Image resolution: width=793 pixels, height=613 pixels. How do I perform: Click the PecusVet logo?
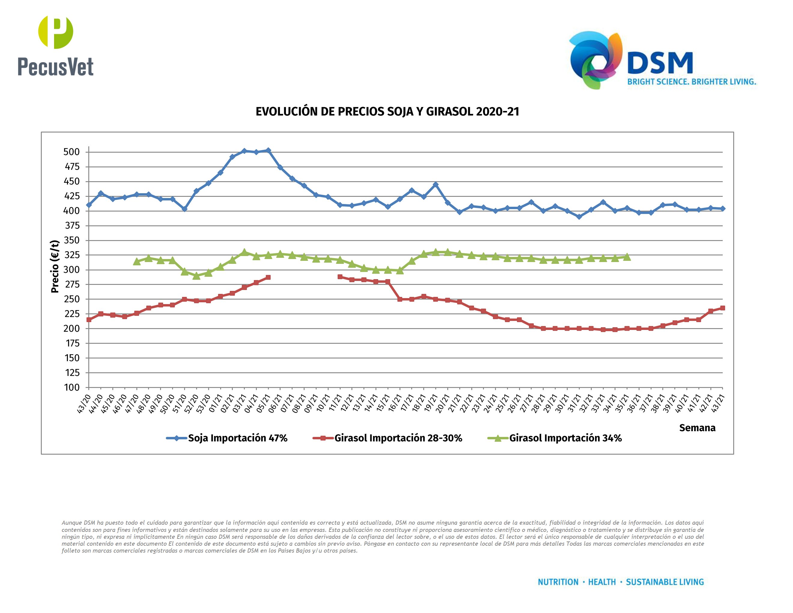click(56, 45)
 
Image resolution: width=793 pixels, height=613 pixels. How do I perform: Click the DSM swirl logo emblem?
click(595, 60)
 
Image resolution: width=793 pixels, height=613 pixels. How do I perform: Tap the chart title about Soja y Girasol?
click(387, 111)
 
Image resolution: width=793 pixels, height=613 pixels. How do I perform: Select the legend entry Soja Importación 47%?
click(238, 438)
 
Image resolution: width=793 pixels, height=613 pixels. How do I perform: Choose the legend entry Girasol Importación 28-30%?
click(398, 438)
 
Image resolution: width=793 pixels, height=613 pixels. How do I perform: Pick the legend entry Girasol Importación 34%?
click(565, 438)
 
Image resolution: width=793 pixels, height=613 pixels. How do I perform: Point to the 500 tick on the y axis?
click(71, 152)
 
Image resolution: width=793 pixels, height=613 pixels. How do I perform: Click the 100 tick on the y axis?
click(71, 388)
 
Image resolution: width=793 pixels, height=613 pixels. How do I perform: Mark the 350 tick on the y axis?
click(71, 240)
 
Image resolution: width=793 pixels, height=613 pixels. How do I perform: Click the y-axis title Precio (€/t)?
click(55, 266)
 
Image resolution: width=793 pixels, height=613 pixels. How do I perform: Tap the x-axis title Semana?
click(697, 428)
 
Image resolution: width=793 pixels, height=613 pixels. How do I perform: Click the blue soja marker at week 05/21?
click(268, 150)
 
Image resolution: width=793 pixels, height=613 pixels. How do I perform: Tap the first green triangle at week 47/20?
click(137, 261)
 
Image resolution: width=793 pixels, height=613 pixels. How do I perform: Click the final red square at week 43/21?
click(722, 308)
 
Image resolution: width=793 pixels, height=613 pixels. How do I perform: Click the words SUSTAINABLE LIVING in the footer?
click(664, 582)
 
